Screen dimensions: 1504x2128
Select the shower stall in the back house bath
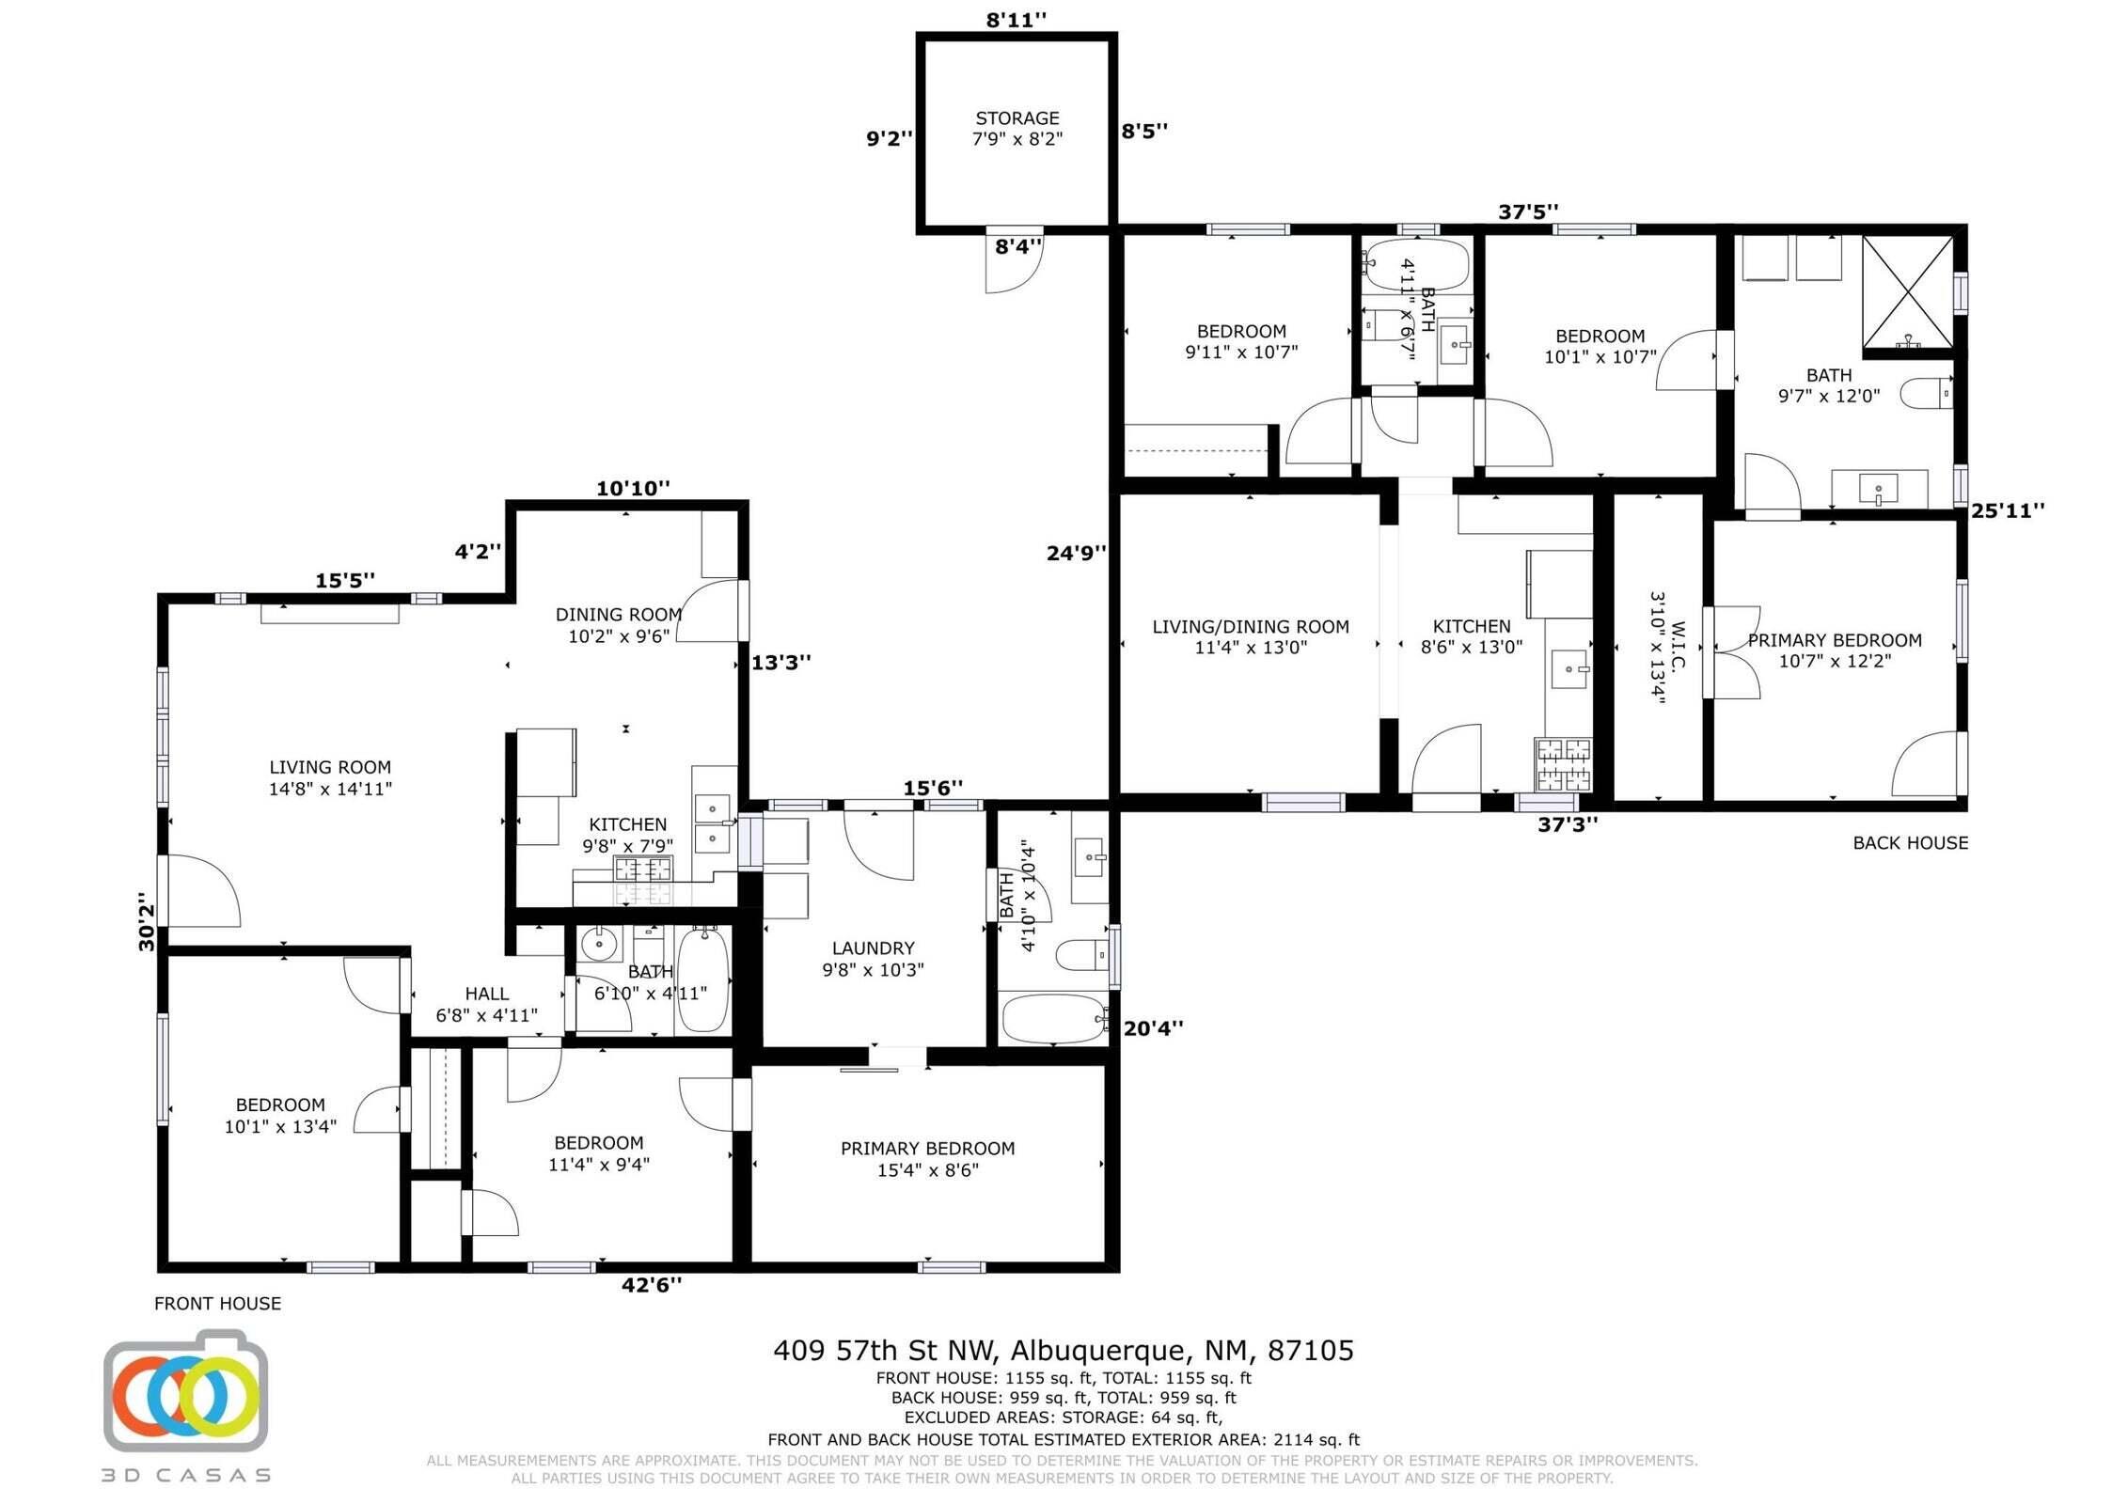(1908, 292)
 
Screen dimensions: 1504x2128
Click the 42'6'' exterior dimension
(651, 1285)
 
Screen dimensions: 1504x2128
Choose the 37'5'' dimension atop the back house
(1528, 212)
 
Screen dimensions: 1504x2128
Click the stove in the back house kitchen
(1564, 764)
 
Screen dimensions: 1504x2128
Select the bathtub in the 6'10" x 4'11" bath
(702, 979)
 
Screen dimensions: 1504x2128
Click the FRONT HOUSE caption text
(217, 1303)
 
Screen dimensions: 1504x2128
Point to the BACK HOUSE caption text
(1909, 843)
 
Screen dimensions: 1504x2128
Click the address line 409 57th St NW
(1063, 1351)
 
